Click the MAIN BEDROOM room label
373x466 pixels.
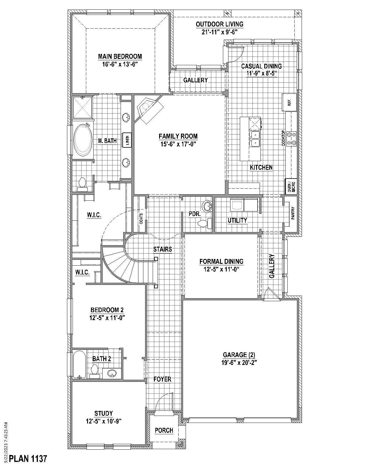pyautogui.click(x=120, y=56)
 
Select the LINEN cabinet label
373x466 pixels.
pyautogui.click(x=127, y=140)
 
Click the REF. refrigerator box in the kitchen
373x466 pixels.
pyautogui.click(x=289, y=102)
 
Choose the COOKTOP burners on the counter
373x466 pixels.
pyautogui.click(x=291, y=139)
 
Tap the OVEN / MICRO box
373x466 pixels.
pyautogui.click(x=291, y=186)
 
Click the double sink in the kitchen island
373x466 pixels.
pyautogui.click(x=255, y=139)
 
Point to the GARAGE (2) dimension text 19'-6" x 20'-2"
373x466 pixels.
pyautogui.click(x=239, y=363)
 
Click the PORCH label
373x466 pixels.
pyautogui.click(x=164, y=430)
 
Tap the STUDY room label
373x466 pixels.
pyautogui.click(x=103, y=413)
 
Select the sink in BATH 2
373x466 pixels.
pyautogui.click(x=112, y=373)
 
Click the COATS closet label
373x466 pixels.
pyautogui.click(x=141, y=218)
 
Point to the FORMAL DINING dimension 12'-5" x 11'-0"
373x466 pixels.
pyautogui.click(x=221, y=269)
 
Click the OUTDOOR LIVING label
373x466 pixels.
pyautogui.click(x=219, y=24)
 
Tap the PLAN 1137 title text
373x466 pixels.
pyautogui.click(x=28, y=459)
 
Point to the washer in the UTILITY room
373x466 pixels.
pyautogui.click(x=237, y=205)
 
